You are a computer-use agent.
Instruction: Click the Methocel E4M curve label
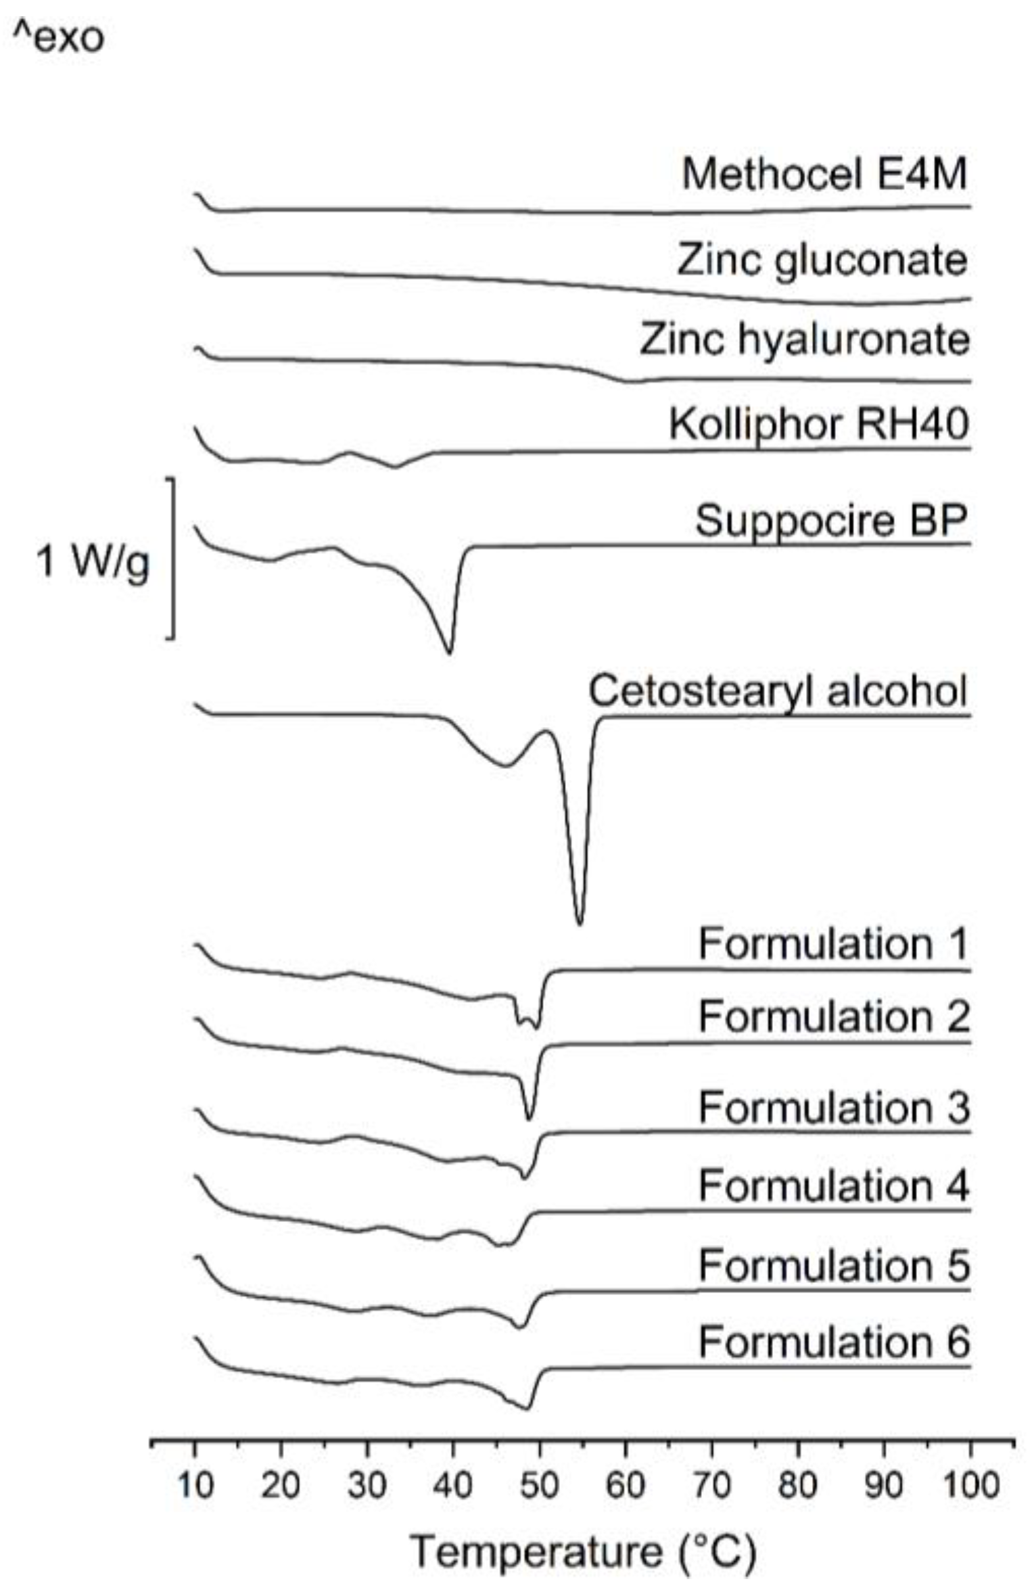click(824, 174)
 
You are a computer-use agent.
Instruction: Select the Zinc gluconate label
click(822, 260)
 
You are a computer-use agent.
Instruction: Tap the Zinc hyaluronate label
click(805, 339)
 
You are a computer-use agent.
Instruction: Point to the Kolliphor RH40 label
click(819, 424)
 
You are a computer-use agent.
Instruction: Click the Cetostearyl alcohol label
click(778, 690)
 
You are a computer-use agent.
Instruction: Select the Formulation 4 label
click(834, 1185)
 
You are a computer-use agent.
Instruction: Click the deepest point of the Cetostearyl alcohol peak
click(580, 923)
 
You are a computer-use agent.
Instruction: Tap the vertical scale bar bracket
click(173, 558)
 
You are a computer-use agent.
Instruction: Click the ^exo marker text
click(60, 38)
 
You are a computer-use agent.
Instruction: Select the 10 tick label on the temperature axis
click(195, 1486)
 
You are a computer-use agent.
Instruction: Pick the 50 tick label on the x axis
click(539, 1486)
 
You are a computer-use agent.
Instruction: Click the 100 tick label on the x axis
click(970, 1486)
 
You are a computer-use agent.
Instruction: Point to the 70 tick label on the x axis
click(711, 1486)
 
